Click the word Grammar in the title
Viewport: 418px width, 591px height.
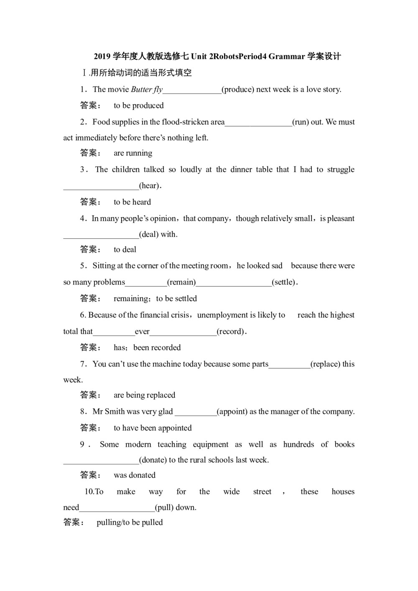[286, 56]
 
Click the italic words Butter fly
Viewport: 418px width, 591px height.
[147, 89]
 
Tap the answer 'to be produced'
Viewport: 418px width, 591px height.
[138, 105]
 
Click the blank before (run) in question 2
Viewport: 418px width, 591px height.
[258, 122]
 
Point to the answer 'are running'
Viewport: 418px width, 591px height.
[133, 153]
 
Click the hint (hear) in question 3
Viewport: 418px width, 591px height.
[149, 186]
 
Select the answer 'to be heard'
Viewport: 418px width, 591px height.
[132, 202]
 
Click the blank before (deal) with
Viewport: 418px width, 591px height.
[101, 234]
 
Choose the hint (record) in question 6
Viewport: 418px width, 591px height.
[230, 331]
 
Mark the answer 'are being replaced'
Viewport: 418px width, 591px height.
[144, 395]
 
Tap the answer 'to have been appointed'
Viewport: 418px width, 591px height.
[153, 428]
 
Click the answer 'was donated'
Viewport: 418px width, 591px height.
[134, 475]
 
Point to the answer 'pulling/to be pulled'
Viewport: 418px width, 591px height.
[130, 522]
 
